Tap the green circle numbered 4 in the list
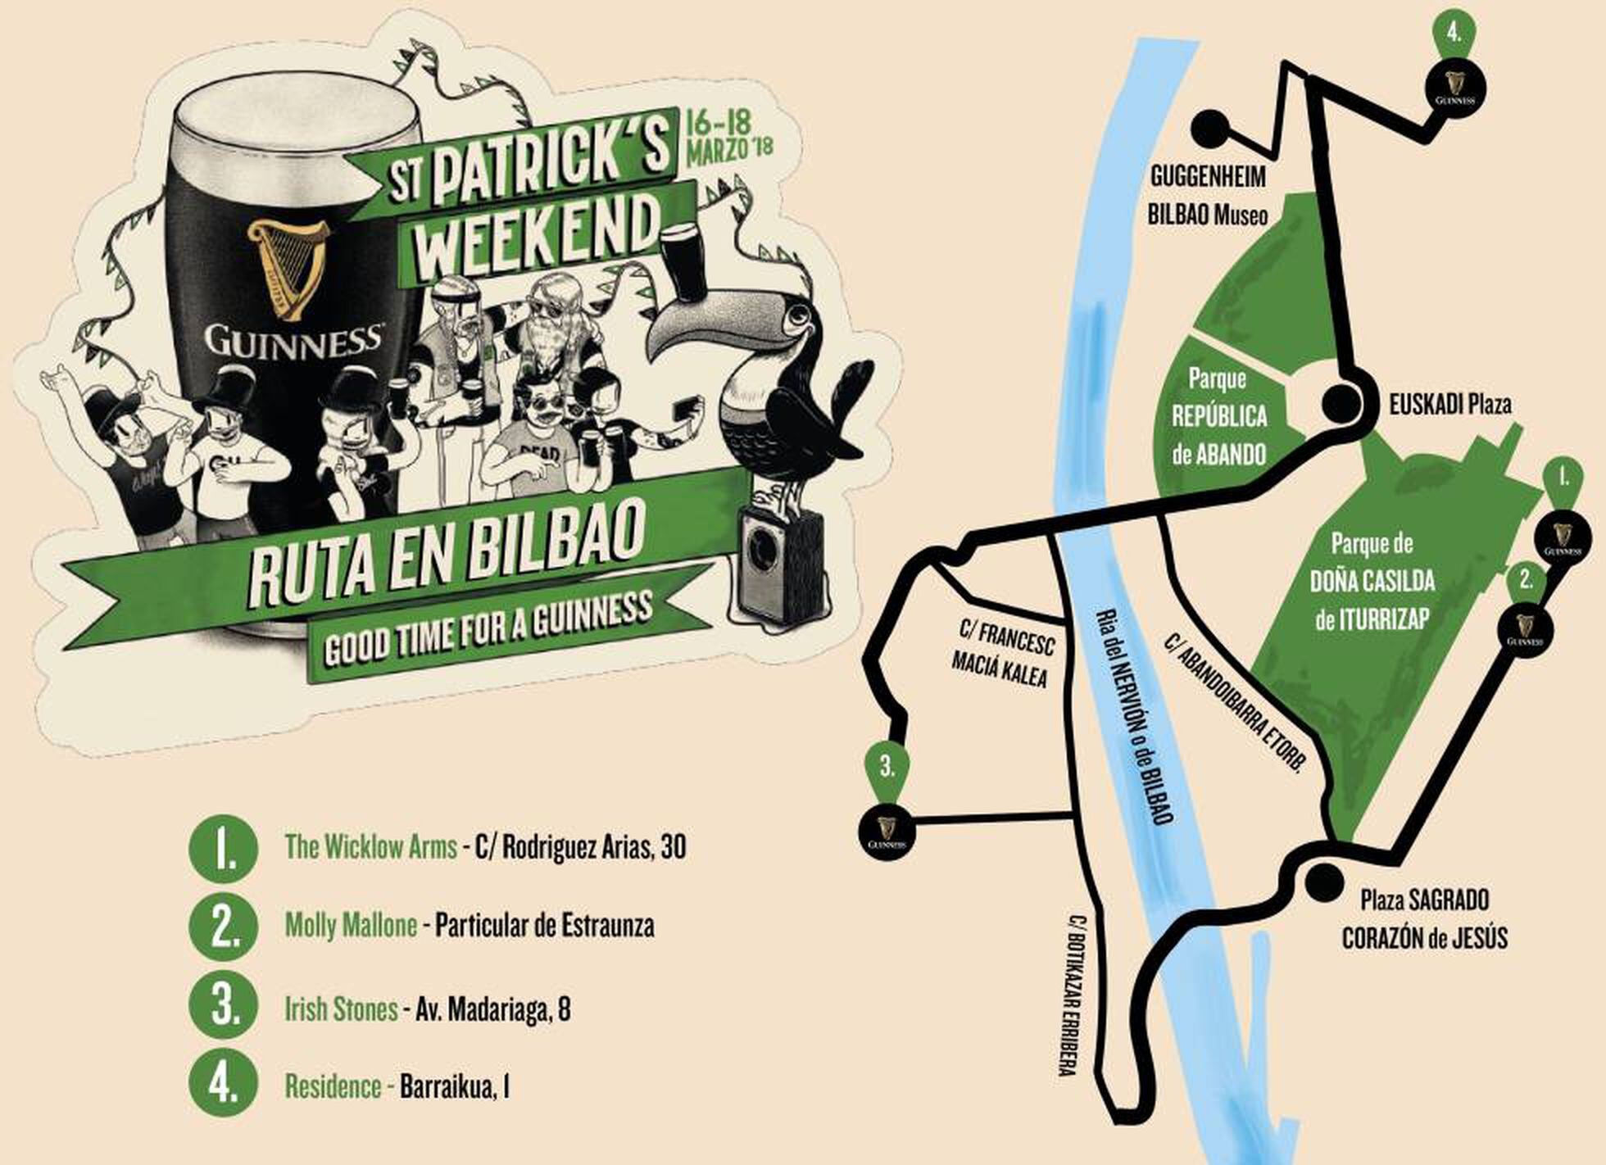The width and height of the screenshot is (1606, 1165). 223,1087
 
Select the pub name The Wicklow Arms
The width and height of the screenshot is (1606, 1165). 370,847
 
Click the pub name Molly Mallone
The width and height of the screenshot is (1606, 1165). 351,926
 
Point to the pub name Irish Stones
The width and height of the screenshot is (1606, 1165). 341,1009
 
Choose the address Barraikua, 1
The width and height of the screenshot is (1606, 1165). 455,1088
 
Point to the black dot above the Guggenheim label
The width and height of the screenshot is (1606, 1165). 1210,128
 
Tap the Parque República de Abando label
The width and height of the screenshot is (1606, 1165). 1218,416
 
